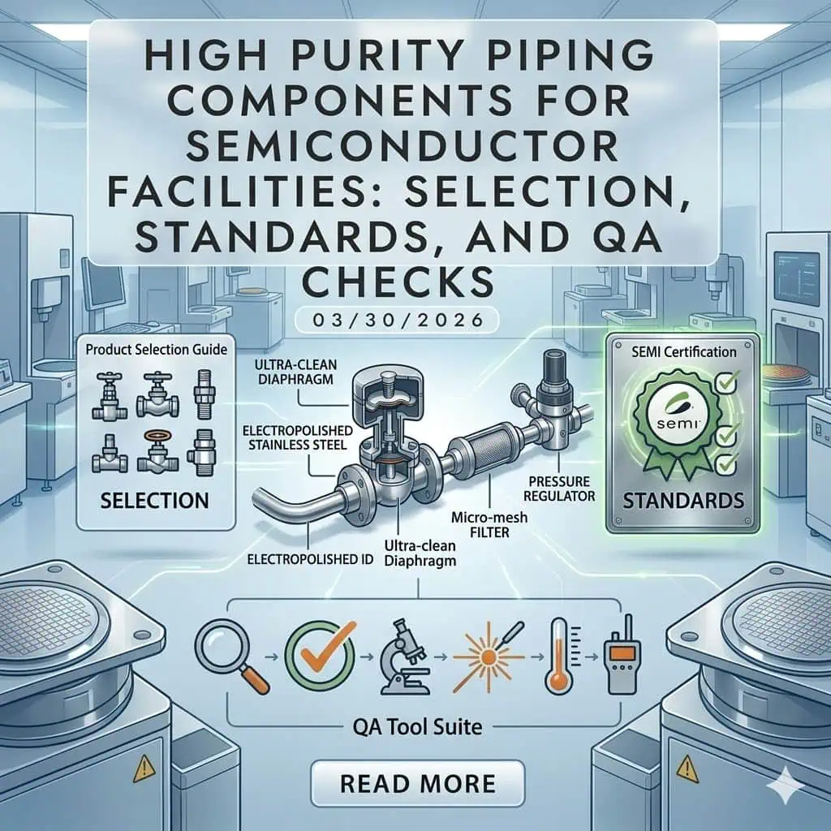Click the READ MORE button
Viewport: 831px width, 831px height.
(x=418, y=783)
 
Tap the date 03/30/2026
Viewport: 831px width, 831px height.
(x=398, y=320)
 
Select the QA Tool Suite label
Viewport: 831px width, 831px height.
(x=418, y=726)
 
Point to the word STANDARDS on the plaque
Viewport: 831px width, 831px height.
(x=683, y=500)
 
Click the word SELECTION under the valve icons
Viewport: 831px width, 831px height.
(x=154, y=500)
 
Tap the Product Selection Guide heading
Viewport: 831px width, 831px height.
(x=157, y=350)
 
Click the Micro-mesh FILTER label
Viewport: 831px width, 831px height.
(x=489, y=524)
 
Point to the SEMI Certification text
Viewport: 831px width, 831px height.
(x=683, y=352)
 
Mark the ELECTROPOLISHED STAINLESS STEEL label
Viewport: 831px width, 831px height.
(x=298, y=437)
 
